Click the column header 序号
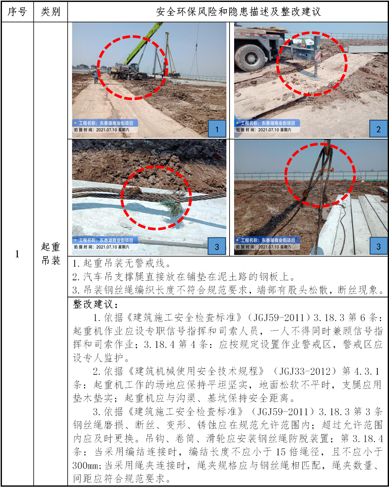17,12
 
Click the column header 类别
51,12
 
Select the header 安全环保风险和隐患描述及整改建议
238,12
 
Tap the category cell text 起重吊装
51,253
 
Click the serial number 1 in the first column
17,254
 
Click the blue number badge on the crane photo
217,129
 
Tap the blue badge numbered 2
378,129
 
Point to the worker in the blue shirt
96,76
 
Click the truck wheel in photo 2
250,58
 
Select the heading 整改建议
95,304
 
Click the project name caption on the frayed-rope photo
105,240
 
